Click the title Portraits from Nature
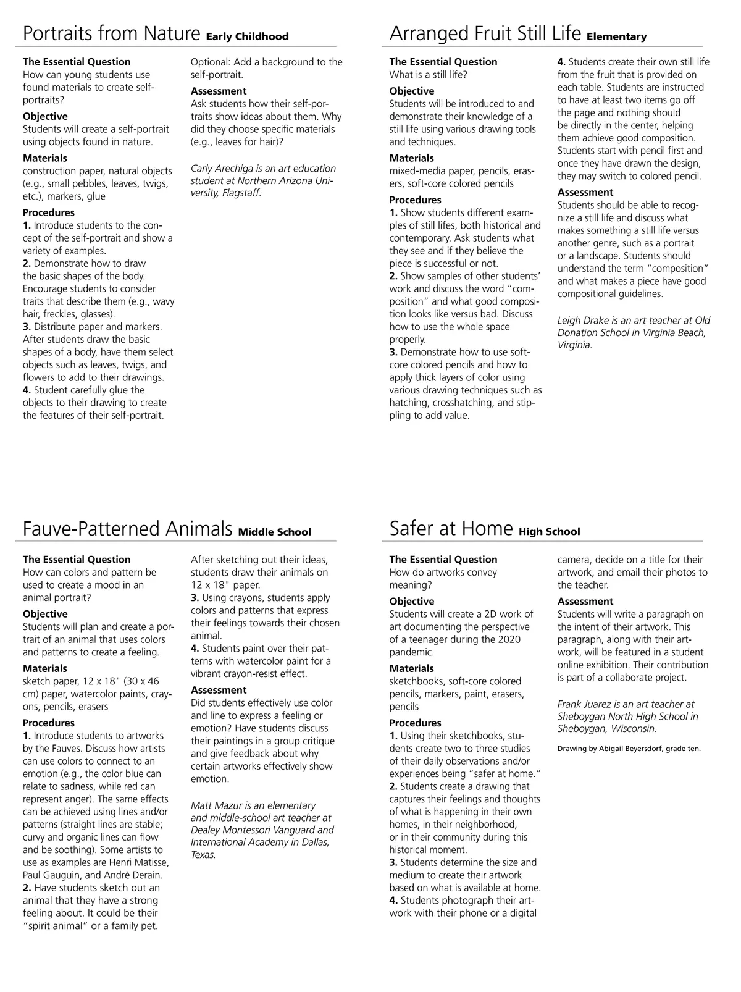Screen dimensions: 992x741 click(x=111, y=33)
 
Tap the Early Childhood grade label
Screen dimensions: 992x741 click(x=247, y=36)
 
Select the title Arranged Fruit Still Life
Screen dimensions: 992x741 click(x=485, y=33)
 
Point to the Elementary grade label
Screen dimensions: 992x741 click(x=616, y=36)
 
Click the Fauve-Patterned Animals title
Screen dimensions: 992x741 click(x=127, y=529)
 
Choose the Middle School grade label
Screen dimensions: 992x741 click(x=275, y=532)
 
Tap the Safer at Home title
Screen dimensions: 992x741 click(x=451, y=529)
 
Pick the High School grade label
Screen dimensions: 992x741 click(x=550, y=532)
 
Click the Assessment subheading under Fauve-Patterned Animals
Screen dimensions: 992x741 click(x=219, y=690)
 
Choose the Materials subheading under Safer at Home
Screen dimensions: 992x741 click(x=411, y=668)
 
